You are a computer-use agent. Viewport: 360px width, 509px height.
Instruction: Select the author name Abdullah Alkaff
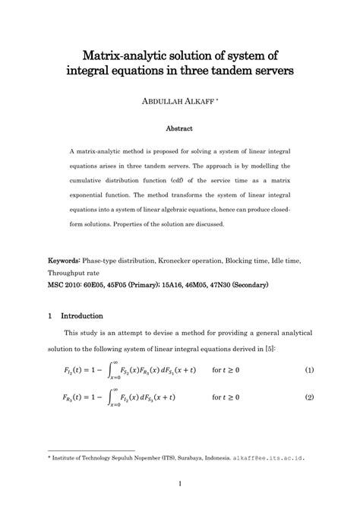pos(178,101)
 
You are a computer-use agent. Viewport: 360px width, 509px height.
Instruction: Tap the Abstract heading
pos(179,128)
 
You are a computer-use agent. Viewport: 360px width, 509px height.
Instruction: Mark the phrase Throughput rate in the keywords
pos(80,274)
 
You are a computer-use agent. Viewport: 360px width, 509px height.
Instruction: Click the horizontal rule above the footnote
pos(91,451)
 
